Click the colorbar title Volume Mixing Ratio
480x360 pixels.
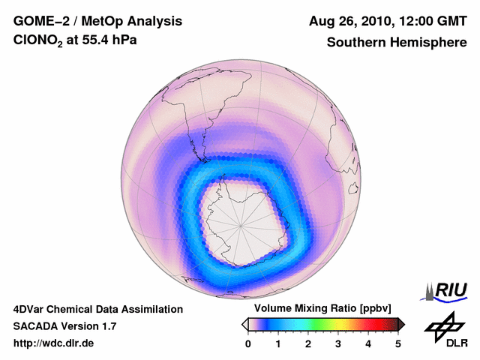tap(308, 309)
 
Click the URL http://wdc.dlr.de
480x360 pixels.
tap(54, 343)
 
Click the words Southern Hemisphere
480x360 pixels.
tap(397, 43)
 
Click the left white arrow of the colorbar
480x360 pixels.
tap(244, 324)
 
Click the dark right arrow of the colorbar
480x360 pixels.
tap(401, 324)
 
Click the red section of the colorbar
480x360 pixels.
tap(368, 324)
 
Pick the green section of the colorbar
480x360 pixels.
tap(323, 324)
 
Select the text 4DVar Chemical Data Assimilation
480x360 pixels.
tap(97, 309)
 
